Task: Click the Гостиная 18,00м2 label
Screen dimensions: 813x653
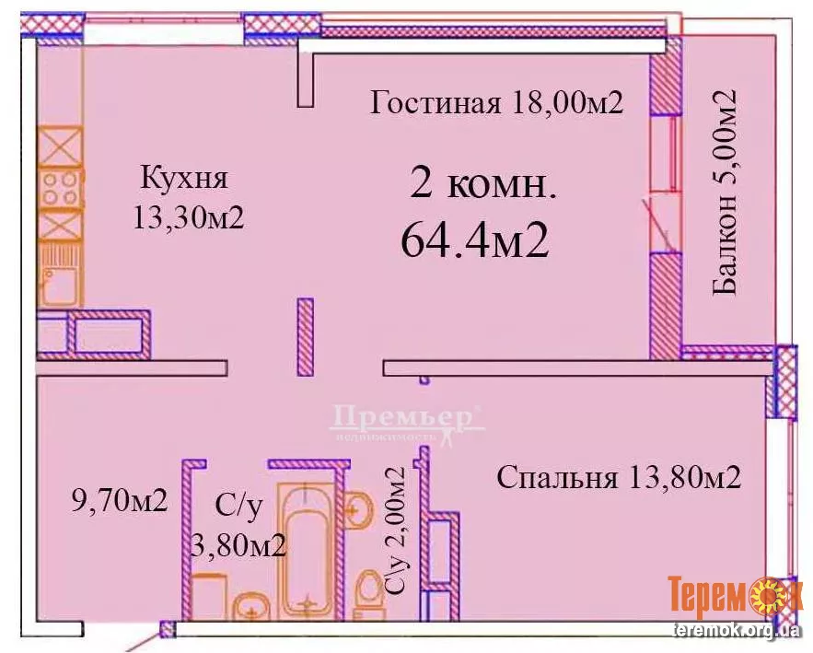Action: point(496,102)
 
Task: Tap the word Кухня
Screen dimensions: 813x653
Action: point(184,178)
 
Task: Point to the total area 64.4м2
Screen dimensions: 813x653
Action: point(474,240)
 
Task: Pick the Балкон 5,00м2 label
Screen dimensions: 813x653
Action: point(725,192)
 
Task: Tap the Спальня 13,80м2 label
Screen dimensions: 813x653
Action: point(619,477)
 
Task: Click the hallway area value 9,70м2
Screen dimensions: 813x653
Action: point(120,500)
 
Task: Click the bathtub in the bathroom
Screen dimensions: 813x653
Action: point(307,552)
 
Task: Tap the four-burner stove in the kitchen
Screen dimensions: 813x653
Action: point(60,188)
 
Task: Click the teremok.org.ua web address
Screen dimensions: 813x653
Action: point(737,631)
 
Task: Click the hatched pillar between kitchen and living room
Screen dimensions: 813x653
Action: point(306,336)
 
